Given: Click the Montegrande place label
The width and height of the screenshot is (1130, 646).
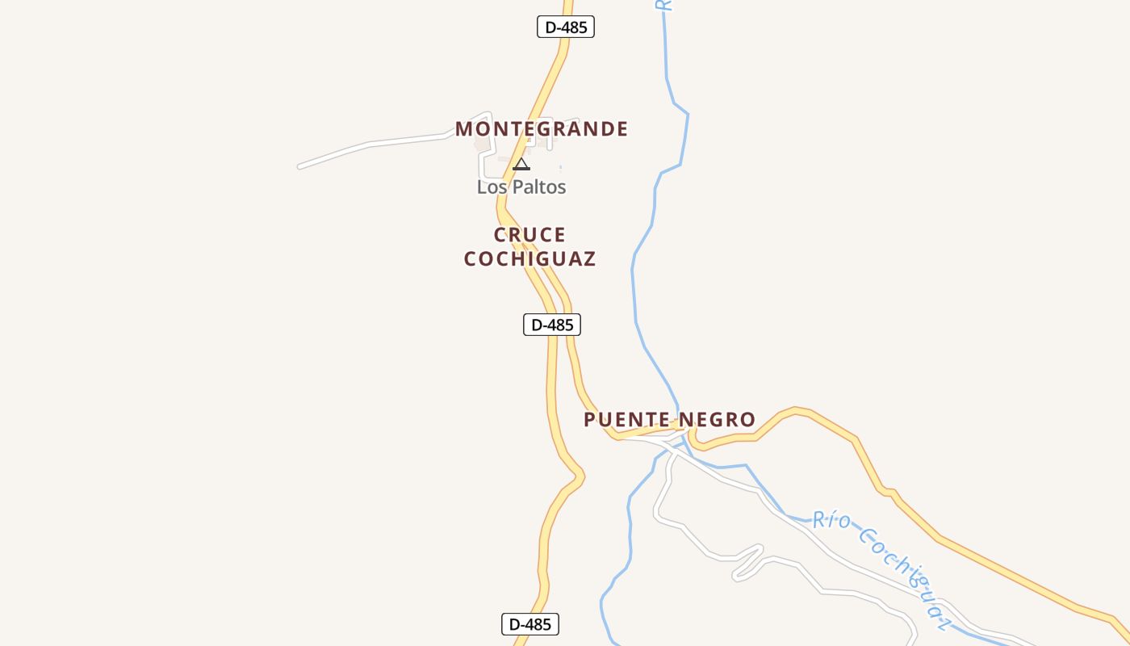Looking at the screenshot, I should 542,129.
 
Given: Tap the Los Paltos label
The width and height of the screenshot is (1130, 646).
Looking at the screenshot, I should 521,187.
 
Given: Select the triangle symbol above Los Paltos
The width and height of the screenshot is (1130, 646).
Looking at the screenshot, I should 521,165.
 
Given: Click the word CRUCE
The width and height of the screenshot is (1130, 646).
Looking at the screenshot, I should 529,235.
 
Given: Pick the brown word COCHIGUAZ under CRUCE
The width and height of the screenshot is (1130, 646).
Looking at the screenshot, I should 529,259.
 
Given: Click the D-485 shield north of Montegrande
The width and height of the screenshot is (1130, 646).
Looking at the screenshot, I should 566,27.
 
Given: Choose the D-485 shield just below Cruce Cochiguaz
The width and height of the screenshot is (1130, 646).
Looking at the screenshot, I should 552,325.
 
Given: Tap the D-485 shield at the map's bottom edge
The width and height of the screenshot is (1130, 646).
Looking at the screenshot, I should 530,624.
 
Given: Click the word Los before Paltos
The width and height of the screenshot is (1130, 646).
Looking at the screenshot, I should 490,187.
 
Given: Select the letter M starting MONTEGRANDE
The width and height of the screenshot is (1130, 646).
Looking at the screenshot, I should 463,129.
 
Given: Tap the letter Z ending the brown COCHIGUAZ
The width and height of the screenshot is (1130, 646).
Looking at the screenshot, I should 589,259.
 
